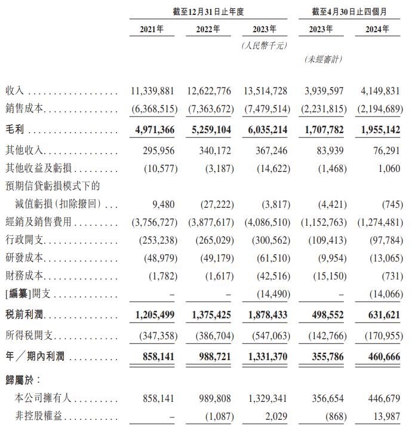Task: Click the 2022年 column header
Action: tap(208, 29)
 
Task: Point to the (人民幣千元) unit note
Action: tap(265, 45)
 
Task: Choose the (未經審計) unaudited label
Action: tap(323, 59)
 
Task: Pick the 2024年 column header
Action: tap(377, 29)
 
